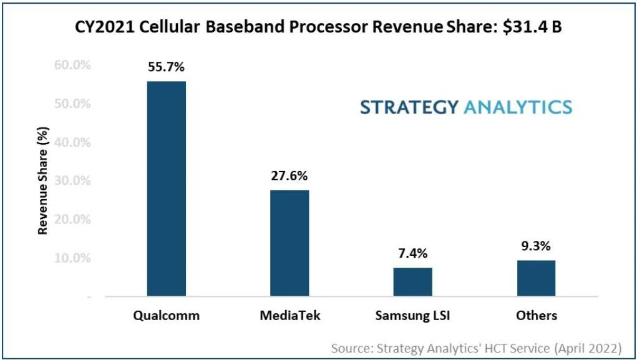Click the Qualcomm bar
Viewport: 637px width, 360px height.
(x=166, y=188)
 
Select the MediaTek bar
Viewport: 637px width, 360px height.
(x=289, y=243)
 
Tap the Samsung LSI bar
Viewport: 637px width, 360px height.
(x=412, y=281)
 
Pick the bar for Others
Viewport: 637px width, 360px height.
(x=536, y=278)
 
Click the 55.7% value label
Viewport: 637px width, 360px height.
(x=166, y=67)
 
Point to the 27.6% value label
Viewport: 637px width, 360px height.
(x=289, y=176)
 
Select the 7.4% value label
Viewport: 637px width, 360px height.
(x=412, y=253)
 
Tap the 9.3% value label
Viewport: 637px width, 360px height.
(x=536, y=246)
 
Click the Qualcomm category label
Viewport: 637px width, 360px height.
(x=166, y=315)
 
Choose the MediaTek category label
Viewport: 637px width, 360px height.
(x=289, y=315)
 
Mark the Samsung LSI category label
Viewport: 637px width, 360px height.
(x=412, y=315)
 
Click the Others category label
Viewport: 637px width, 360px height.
(x=536, y=315)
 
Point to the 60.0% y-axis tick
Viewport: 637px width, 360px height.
(x=73, y=64)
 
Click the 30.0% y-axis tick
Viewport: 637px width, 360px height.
(x=73, y=180)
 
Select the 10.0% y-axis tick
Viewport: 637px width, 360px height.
(x=73, y=258)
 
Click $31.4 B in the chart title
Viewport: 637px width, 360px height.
(x=532, y=28)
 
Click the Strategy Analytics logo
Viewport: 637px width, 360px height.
(x=465, y=107)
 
